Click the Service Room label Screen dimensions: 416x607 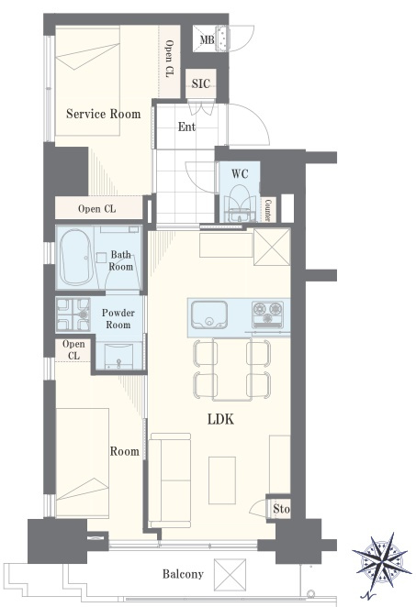(x=103, y=114)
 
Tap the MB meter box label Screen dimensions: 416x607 (x=208, y=39)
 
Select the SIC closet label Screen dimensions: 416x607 (x=201, y=83)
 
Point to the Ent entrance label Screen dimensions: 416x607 (x=186, y=127)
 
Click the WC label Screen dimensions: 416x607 (x=240, y=174)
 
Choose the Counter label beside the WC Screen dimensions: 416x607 (x=268, y=209)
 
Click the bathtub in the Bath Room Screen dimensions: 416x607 (x=75, y=256)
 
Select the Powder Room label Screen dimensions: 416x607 (x=118, y=318)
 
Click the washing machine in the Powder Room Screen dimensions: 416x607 (x=73, y=314)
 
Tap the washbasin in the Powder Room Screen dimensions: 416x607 (x=119, y=356)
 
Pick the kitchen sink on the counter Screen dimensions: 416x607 (x=209, y=315)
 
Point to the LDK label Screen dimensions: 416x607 (x=221, y=419)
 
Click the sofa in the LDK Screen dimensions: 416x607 (x=170, y=480)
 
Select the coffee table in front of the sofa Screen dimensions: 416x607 (x=222, y=480)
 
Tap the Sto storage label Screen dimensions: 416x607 (x=281, y=509)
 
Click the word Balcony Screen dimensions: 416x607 (x=183, y=573)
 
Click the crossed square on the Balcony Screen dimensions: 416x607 (x=230, y=574)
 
